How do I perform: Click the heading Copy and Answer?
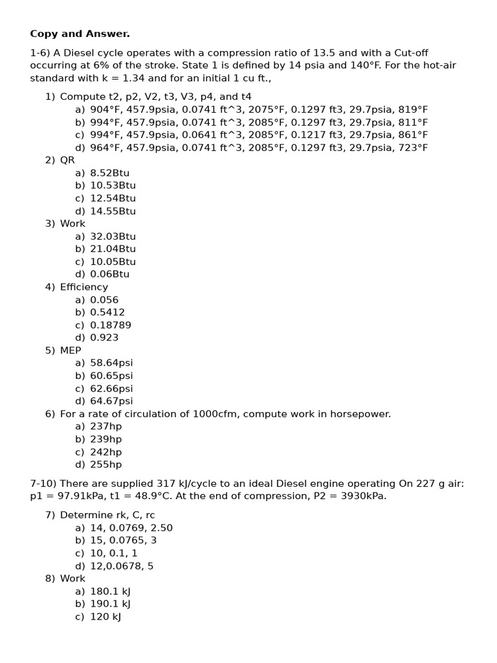(80, 34)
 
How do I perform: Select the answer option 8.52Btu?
(109, 173)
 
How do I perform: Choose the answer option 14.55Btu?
(113, 211)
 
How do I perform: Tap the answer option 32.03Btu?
(113, 236)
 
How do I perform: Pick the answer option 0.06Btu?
(109, 274)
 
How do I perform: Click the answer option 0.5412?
(107, 312)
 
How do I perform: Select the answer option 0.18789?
(110, 325)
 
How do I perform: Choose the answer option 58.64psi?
(111, 363)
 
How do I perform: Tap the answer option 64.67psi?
(111, 401)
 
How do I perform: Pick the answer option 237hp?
(105, 426)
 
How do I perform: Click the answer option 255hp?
(105, 464)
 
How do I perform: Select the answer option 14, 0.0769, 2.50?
(131, 528)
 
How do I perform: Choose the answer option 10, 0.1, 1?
(113, 553)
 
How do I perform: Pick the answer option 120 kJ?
(105, 616)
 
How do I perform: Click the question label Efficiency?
(84, 287)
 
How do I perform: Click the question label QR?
(67, 160)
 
